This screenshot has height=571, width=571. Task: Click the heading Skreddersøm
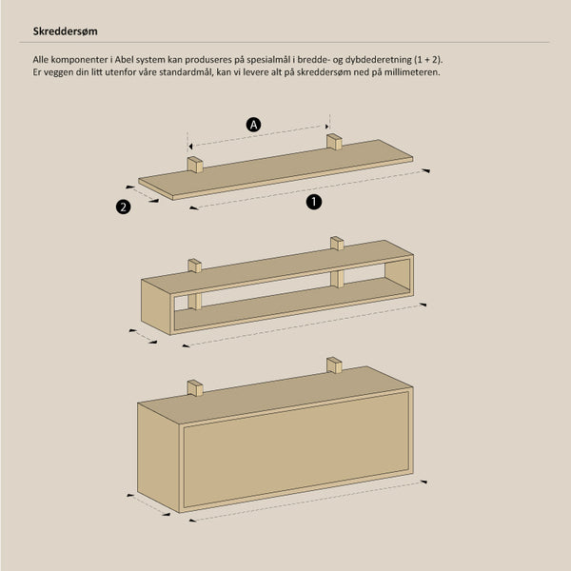[65, 31]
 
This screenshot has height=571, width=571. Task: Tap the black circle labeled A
[253, 125]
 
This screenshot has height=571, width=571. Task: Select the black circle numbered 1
[314, 202]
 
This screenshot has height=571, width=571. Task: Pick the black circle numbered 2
[124, 207]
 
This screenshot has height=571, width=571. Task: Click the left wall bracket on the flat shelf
[195, 165]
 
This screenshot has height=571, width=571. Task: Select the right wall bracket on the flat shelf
[334, 142]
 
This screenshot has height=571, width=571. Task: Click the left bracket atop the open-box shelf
[195, 266]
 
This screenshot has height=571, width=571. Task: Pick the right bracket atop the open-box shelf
[337, 244]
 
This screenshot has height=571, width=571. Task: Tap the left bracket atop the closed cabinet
[195, 388]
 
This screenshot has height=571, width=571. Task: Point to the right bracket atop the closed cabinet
[334, 365]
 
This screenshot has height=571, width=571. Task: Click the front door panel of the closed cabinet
[296, 449]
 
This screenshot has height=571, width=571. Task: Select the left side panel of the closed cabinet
[158, 458]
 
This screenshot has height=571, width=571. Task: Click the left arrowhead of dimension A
[190, 147]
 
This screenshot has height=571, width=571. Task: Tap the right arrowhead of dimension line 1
[425, 170]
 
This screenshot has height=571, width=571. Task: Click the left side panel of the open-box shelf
[156, 306]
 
